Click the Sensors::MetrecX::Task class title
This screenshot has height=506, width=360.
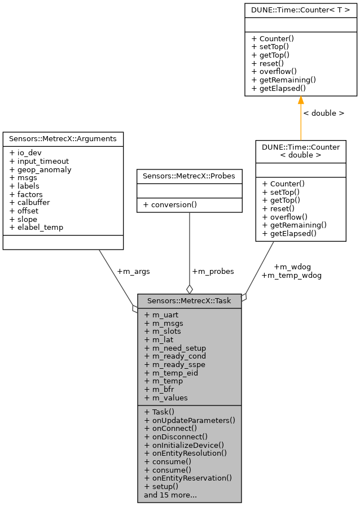click(189, 301)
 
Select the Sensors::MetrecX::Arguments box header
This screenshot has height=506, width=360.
click(63, 138)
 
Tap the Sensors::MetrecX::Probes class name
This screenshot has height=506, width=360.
click(189, 176)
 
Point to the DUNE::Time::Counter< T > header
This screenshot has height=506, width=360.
click(300, 10)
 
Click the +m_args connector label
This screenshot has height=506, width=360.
click(133, 271)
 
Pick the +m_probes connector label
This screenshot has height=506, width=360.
click(213, 271)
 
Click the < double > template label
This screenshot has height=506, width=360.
click(323, 113)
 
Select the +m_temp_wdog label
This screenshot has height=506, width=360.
click(291, 276)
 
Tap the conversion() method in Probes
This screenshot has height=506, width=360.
click(171, 204)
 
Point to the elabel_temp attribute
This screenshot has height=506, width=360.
click(37, 228)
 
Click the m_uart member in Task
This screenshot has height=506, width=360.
click(162, 315)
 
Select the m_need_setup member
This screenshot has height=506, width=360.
click(175, 348)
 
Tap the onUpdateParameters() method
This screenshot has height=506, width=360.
click(190, 420)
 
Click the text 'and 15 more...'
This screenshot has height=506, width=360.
click(170, 495)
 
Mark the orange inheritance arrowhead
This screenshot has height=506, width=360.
click(301, 101)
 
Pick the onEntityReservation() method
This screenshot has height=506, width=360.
click(188, 478)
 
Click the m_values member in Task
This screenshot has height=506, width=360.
click(166, 398)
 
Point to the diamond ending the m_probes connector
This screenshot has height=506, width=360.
click(190, 289)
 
